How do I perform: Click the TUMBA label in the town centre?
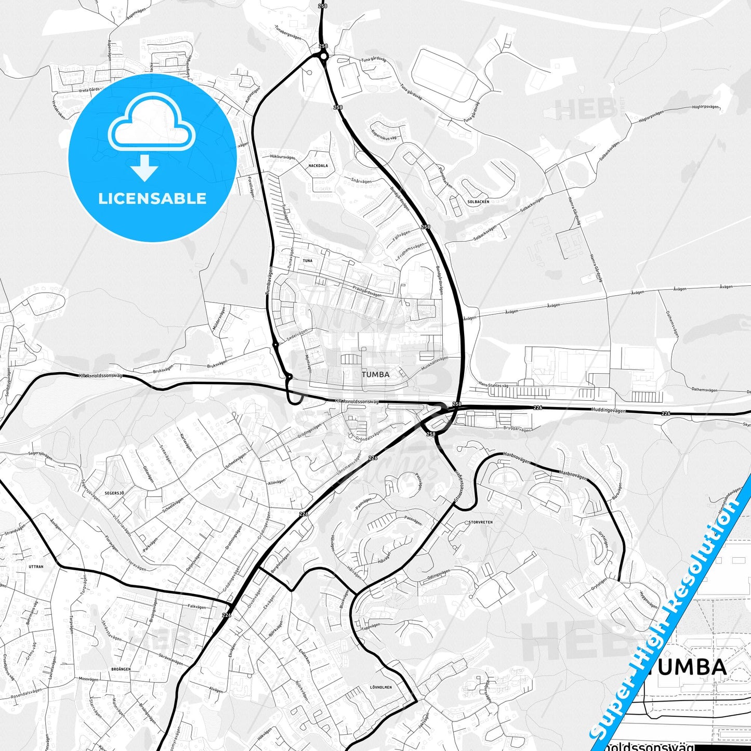click(x=375, y=374)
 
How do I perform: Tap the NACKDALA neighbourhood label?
click(x=318, y=166)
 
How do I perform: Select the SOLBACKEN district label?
click(x=478, y=202)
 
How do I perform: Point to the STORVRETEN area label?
click(x=480, y=522)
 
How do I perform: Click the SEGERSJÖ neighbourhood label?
click(x=114, y=492)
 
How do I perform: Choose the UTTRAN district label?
click(x=36, y=566)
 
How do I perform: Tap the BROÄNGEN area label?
click(x=121, y=669)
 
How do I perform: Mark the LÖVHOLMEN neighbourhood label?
click(x=380, y=687)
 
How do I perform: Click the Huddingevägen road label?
click(x=609, y=410)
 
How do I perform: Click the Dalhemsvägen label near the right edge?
click(x=704, y=390)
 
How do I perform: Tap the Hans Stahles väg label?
click(x=493, y=385)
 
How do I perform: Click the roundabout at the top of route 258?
click(x=323, y=56)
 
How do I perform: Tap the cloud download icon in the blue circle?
click(x=152, y=135)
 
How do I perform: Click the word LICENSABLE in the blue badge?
click(x=152, y=199)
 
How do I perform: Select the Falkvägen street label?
click(x=197, y=607)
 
